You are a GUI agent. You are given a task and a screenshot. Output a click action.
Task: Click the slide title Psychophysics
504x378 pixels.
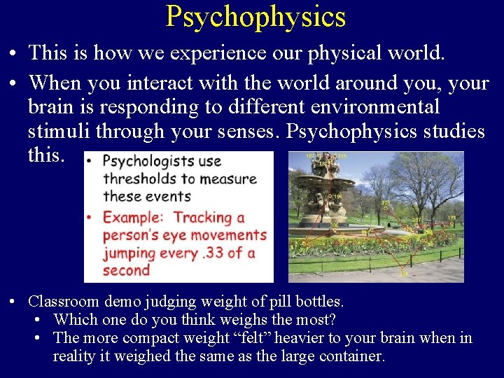coord(255,16)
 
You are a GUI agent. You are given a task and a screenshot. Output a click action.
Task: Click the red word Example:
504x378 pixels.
coord(133,218)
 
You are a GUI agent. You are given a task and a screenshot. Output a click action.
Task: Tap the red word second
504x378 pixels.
coord(127,270)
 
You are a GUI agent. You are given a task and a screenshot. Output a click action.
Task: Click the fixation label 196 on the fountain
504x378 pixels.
coord(338,197)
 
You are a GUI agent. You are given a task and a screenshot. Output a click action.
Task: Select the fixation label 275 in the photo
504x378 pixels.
coord(386,204)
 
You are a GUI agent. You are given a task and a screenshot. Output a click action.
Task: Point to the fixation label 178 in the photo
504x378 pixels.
coord(451,218)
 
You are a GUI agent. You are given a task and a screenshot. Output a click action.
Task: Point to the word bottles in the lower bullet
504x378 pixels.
coord(320,302)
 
